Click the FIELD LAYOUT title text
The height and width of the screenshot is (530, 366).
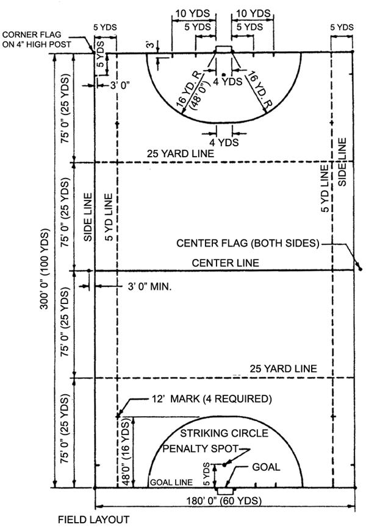[x=93, y=520]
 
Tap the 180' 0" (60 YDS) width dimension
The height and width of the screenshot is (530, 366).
[x=224, y=501]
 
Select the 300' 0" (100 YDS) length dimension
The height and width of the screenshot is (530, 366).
[x=44, y=270]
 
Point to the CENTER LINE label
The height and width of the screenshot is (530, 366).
[x=225, y=263]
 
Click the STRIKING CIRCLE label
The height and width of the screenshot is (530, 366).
[x=224, y=433]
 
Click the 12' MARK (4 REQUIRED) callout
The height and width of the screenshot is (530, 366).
[x=210, y=400]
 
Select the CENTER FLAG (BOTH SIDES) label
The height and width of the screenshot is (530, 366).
[x=248, y=243]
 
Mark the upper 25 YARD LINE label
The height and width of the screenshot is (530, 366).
[x=180, y=154]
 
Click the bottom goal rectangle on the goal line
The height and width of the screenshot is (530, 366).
[x=224, y=490]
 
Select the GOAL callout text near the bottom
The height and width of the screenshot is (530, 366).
[x=265, y=467]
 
